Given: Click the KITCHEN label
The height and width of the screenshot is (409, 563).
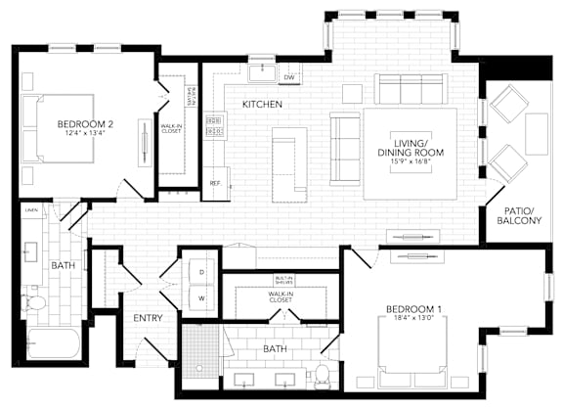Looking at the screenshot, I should click(x=263, y=104).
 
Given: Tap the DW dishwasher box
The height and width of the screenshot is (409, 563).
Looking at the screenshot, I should click(x=289, y=77).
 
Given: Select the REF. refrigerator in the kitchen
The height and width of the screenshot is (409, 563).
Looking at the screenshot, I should click(x=215, y=183).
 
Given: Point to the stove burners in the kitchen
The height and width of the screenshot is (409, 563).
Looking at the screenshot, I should click(x=214, y=124).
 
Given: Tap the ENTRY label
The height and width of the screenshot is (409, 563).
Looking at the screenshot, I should click(x=148, y=318).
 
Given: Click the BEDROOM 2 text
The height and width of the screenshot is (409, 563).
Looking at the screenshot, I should click(x=86, y=124).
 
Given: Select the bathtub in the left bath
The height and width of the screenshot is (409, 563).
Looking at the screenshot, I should click(x=53, y=343).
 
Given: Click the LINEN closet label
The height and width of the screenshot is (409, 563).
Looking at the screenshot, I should click(x=31, y=209).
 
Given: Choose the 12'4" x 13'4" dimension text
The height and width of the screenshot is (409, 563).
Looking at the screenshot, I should click(x=86, y=135).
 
